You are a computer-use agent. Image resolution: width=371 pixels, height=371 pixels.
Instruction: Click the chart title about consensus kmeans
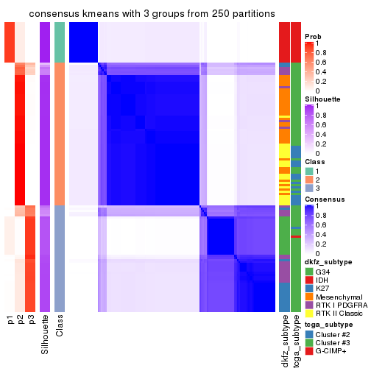[x=142, y=14]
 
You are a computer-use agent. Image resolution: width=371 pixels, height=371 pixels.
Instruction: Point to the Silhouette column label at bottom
[x=45, y=334]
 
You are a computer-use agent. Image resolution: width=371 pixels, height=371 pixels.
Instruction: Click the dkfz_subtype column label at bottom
[x=284, y=342]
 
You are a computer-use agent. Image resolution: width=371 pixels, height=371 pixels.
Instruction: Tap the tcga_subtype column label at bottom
[x=295, y=342]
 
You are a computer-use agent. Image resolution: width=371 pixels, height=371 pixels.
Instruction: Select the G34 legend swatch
[x=308, y=270]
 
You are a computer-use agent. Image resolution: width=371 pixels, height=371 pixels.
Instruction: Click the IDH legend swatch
[x=308, y=279]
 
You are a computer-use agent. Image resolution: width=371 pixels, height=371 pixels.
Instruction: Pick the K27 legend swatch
[x=308, y=288]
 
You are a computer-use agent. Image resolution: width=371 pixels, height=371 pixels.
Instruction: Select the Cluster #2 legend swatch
[x=308, y=333]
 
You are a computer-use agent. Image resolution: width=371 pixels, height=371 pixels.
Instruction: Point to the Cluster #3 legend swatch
[x=308, y=342]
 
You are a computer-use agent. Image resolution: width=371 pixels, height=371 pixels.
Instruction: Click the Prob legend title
[x=314, y=38]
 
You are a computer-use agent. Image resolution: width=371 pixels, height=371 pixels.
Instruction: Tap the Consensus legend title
[x=325, y=199]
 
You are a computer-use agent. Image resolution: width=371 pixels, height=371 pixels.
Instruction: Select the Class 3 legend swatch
[x=308, y=188]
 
